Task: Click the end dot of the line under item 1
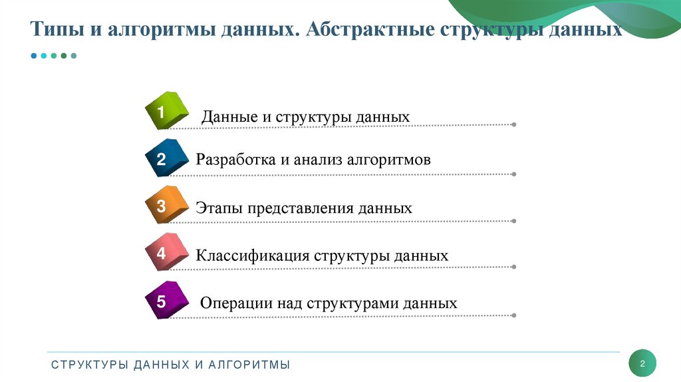click(x=514, y=124)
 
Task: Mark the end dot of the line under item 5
click(x=514, y=315)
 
